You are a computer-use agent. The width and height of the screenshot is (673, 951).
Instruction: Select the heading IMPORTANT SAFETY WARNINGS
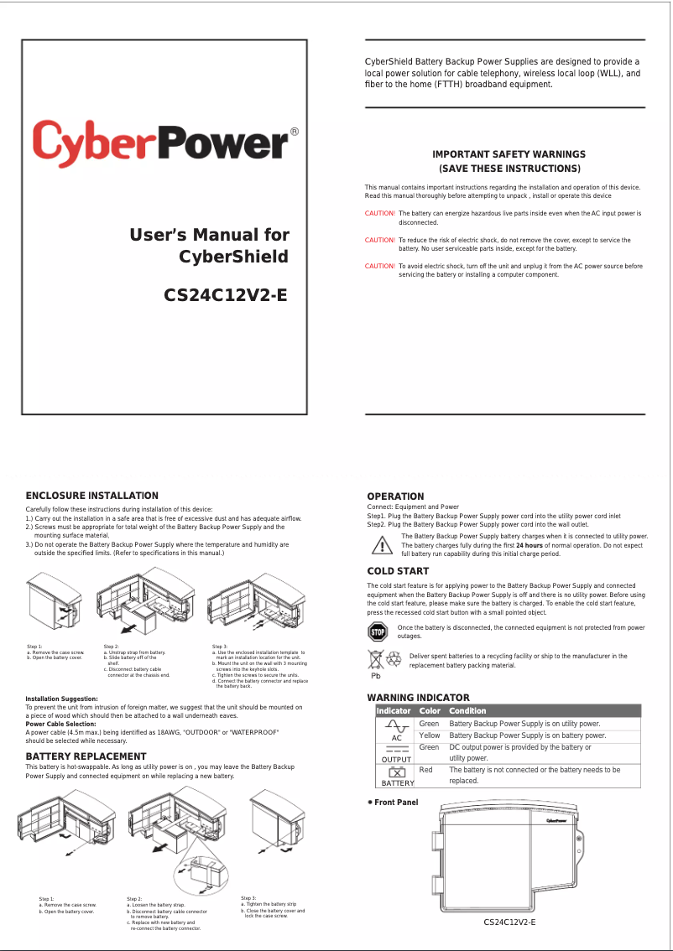pyautogui.click(x=509, y=154)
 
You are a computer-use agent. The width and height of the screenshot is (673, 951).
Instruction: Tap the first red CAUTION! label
pyautogui.click(x=380, y=214)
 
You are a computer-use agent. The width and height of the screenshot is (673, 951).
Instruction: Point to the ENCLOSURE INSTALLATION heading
pyautogui.click(x=91, y=496)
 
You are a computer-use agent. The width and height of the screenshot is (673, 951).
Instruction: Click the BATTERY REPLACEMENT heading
pyautogui.click(x=86, y=756)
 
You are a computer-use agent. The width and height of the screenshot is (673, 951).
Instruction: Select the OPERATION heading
pyautogui.click(x=395, y=496)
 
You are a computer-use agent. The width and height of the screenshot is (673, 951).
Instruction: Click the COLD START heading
pyautogui.click(x=398, y=571)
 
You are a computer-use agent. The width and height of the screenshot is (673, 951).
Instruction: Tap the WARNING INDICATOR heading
pyautogui.click(x=418, y=698)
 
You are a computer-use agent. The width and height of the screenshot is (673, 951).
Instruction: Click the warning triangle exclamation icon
pyautogui.click(x=382, y=546)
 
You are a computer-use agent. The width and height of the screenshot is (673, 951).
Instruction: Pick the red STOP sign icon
pyautogui.click(x=378, y=631)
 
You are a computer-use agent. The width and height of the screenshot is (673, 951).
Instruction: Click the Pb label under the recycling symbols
pyautogui.click(x=377, y=675)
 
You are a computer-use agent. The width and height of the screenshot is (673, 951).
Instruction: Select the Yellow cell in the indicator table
pyautogui.click(x=429, y=735)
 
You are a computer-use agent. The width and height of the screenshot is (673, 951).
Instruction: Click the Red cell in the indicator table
pyautogui.click(x=425, y=769)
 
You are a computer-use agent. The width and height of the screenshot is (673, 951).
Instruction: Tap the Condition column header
pyautogui.click(x=467, y=710)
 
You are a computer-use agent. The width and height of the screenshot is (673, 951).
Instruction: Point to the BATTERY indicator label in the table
pyautogui.click(x=398, y=783)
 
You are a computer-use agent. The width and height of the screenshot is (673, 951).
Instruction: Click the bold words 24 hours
pyautogui.click(x=529, y=545)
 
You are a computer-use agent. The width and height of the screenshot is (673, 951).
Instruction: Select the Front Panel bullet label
pyautogui.click(x=395, y=803)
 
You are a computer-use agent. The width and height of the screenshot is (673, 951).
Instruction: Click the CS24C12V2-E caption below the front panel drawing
pyautogui.click(x=509, y=922)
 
